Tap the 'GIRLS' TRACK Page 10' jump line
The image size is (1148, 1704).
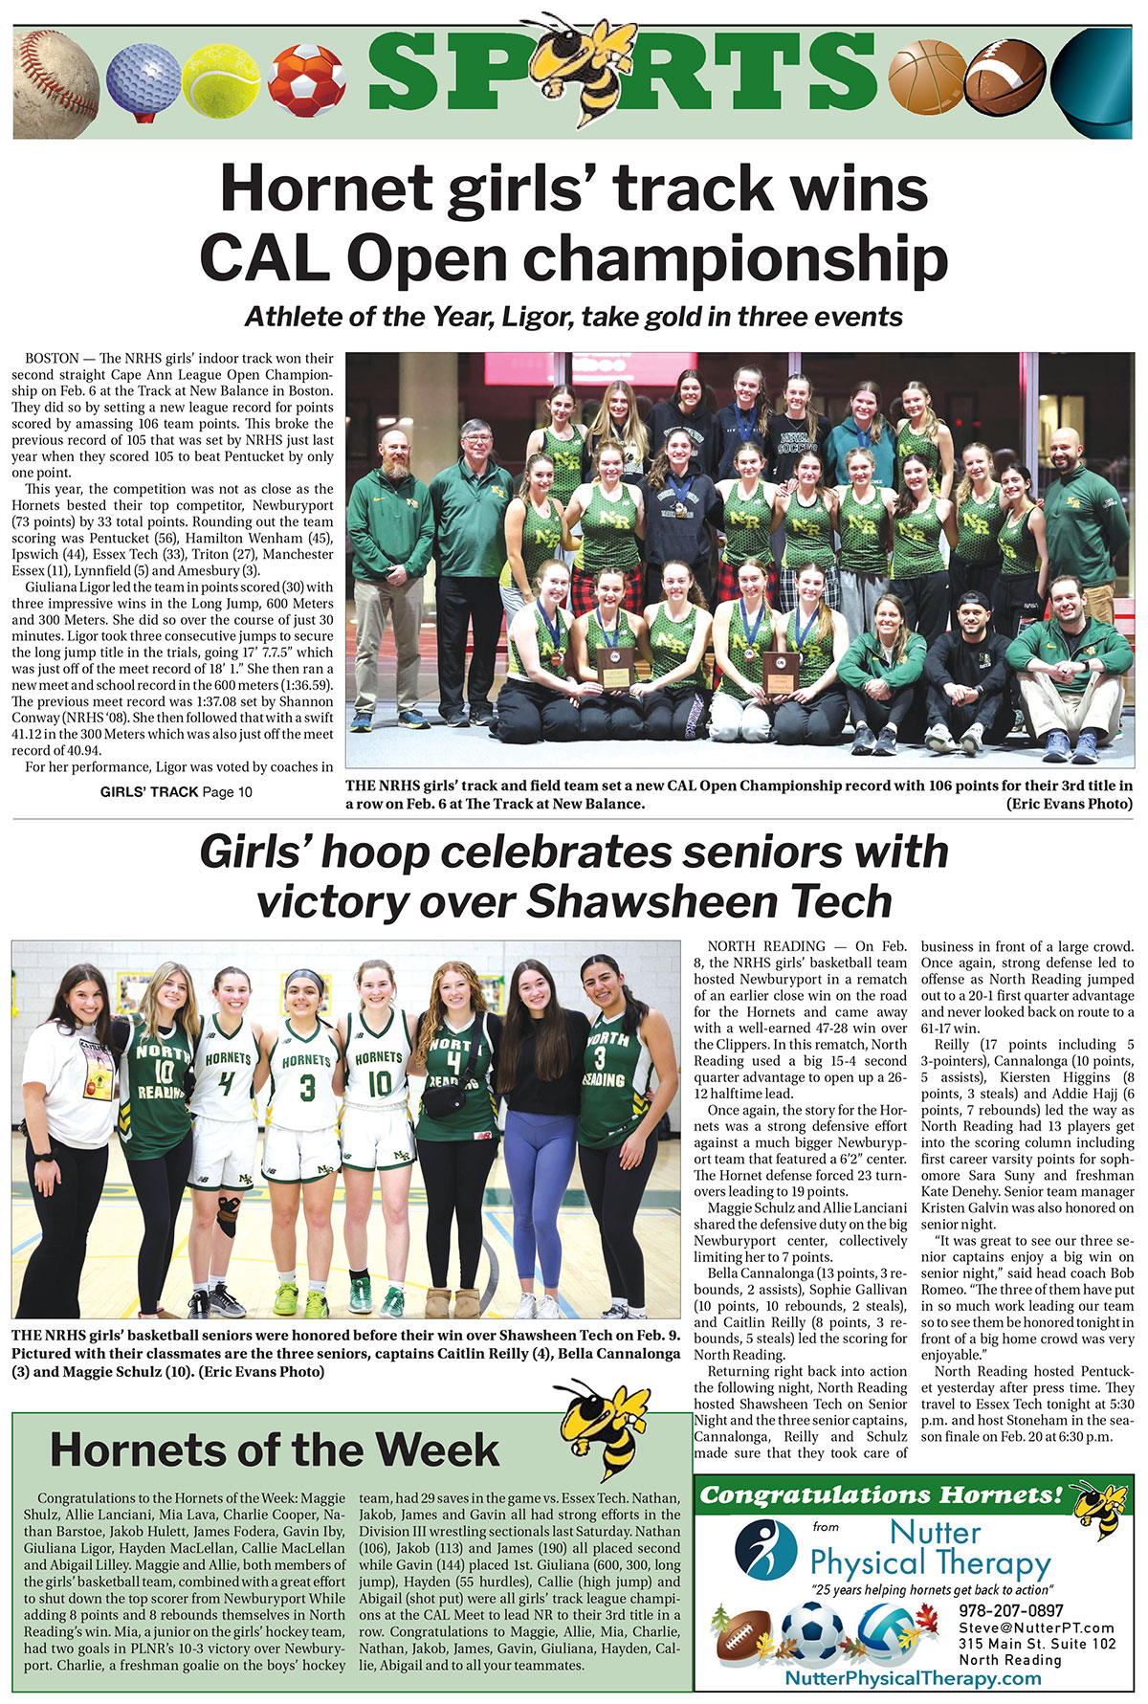pyautogui.click(x=176, y=792)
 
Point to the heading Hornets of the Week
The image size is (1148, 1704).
pyautogui.click(x=275, y=1450)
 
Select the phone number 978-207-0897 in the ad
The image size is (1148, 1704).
pyautogui.click(x=1011, y=1611)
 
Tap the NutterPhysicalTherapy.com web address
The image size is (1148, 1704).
pyautogui.click(x=912, y=1678)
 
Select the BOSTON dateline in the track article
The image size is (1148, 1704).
pyautogui.click(x=52, y=358)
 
